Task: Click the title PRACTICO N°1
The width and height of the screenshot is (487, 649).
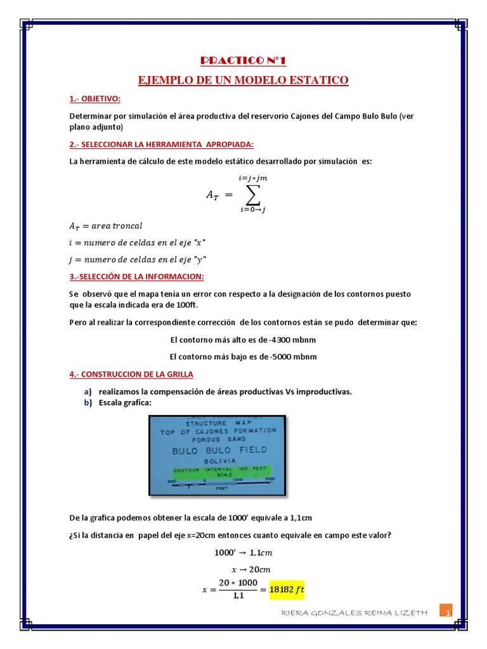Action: pyautogui.click(x=243, y=60)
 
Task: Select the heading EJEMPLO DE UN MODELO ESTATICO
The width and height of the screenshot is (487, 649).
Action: pyautogui.click(x=243, y=80)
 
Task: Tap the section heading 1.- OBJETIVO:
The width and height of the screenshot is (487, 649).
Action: pyautogui.click(x=94, y=99)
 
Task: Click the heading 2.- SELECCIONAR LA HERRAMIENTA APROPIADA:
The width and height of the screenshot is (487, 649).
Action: pyautogui.click(x=161, y=144)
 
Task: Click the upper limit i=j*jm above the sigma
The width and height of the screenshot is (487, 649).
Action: pyautogui.click(x=253, y=179)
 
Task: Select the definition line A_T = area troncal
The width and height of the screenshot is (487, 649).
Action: pyautogui.click(x=105, y=226)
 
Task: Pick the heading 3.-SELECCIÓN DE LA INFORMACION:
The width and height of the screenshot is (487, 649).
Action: pyautogui.click(x=136, y=277)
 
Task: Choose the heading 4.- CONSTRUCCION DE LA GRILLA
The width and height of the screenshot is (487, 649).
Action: pyautogui.click(x=131, y=375)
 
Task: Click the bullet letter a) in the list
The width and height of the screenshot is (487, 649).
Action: pyautogui.click(x=88, y=392)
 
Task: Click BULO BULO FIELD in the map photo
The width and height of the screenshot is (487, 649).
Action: pyautogui.click(x=219, y=449)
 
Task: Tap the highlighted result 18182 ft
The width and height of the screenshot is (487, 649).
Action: pyautogui.click(x=287, y=589)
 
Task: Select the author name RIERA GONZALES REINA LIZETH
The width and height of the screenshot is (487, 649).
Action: pyautogui.click(x=353, y=613)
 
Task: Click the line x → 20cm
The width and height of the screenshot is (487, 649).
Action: pyautogui.click(x=243, y=569)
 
